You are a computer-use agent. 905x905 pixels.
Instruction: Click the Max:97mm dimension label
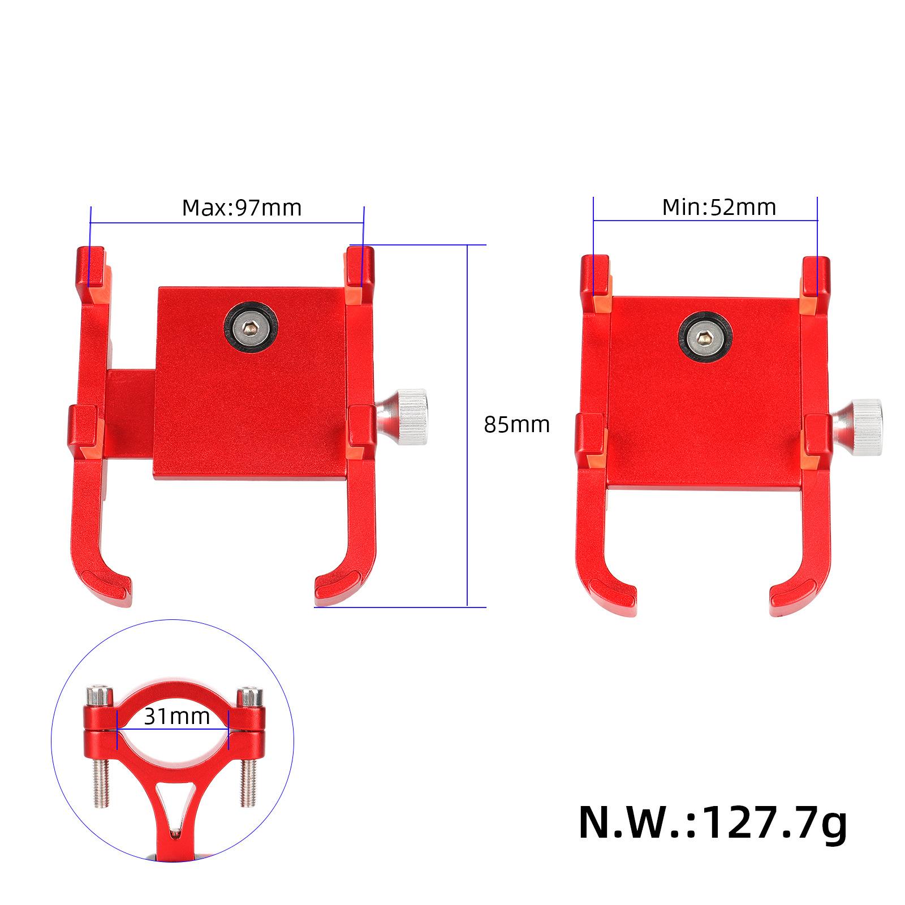tap(242, 208)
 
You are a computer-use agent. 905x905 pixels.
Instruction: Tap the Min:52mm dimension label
tap(719, 207)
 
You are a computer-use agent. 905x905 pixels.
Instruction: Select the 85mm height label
tap(516, 424)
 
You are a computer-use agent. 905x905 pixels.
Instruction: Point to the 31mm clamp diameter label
tap(176, 717)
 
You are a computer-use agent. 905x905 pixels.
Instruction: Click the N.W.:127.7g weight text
tap(713, 824)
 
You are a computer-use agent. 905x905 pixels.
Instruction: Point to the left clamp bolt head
tap(99, 697)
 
